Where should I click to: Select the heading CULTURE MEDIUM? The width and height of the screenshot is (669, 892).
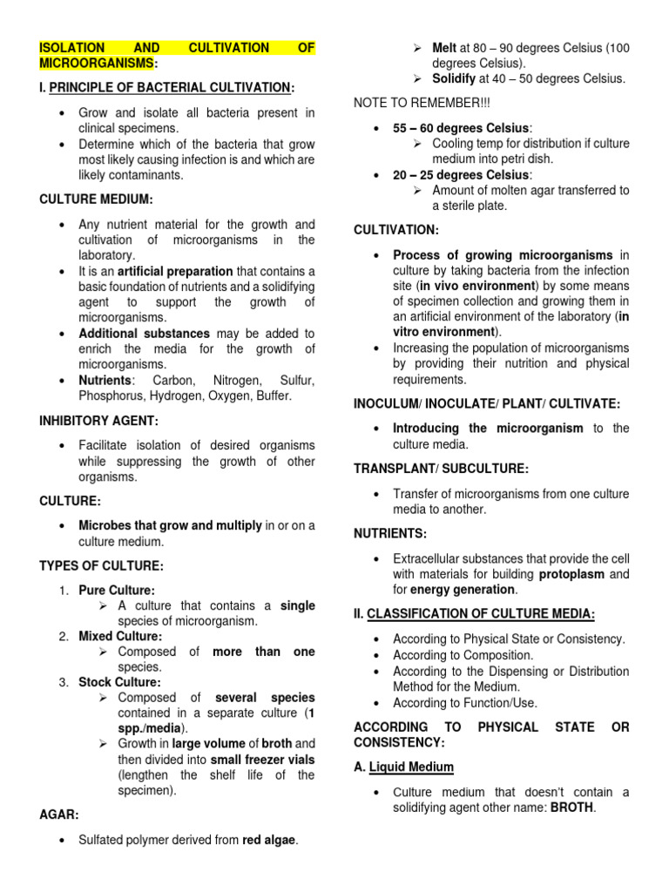tap(96, 199)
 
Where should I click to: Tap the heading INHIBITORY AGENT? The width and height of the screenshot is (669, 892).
tap(99, 421)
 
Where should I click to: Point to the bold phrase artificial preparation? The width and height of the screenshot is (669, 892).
tap(175, 271)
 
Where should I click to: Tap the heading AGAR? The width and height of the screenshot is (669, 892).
tap(58, 815)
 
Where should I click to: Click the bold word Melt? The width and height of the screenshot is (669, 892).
tap(444, 47)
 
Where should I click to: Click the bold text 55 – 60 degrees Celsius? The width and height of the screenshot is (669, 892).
tap(461, 128)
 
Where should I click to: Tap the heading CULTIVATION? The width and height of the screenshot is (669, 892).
tap(396, 229)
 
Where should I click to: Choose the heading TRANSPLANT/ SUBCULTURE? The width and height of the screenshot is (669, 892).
tap(441, 469)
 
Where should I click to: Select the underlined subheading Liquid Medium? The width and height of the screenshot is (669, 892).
tap(411, 767)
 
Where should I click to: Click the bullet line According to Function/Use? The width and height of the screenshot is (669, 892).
tap(465, 702)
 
